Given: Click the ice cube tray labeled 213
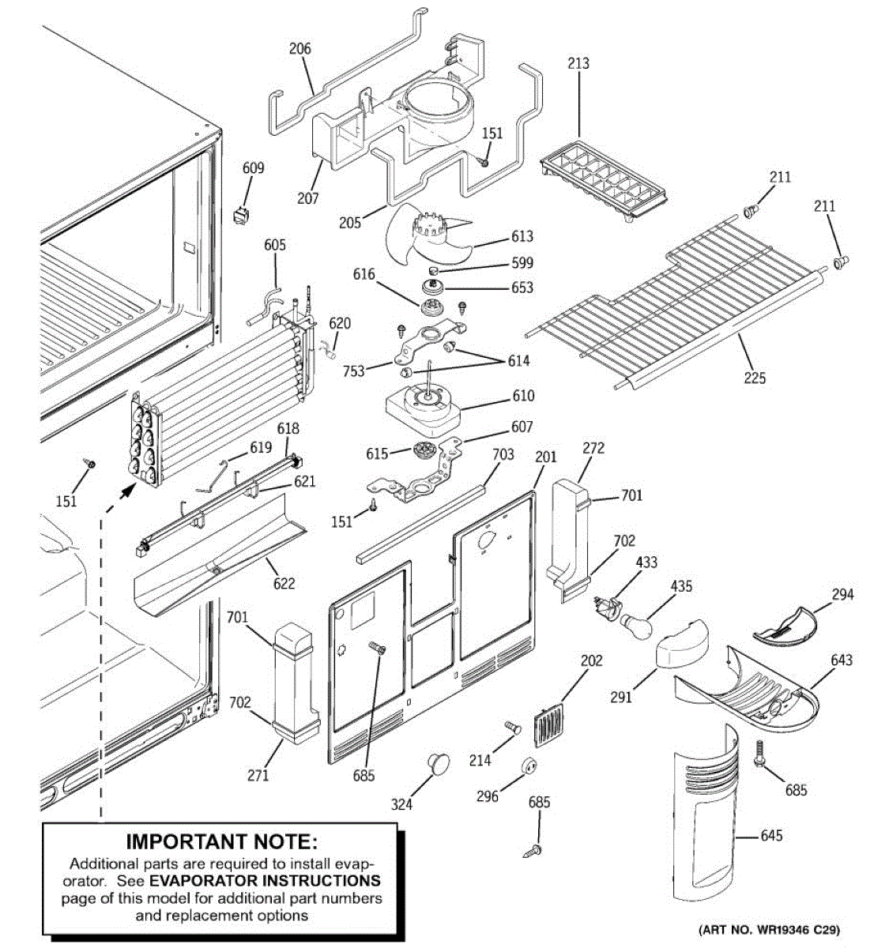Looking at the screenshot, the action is pyautogui.click(x=603, y=181).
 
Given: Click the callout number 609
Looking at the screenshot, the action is pyautogui.click(x=253, y=168).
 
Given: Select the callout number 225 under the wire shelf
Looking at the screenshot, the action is pyautogui.click(x=755, y=378).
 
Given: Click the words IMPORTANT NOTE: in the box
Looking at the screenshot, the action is pyautogui.click(x=221, y=841).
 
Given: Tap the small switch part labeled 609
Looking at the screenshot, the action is pyautogui.click(x=242, y=216).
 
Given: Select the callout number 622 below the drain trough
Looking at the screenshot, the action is pyautogui.click(x=284, y=583).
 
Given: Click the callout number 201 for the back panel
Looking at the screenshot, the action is pyautogui.click(x=545, y=457).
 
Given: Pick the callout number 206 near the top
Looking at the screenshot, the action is pyautogui.click(x=300, y=48).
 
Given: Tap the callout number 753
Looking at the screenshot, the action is pyautogui.click(x=353, y=371).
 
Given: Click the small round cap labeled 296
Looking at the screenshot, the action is pyautogui.click(x=529, y=766).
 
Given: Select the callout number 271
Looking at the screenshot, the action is pyautogui.click(x=258, y=776).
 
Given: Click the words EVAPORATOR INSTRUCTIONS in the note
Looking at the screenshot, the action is pyautogui.click(x=266, y=880).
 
